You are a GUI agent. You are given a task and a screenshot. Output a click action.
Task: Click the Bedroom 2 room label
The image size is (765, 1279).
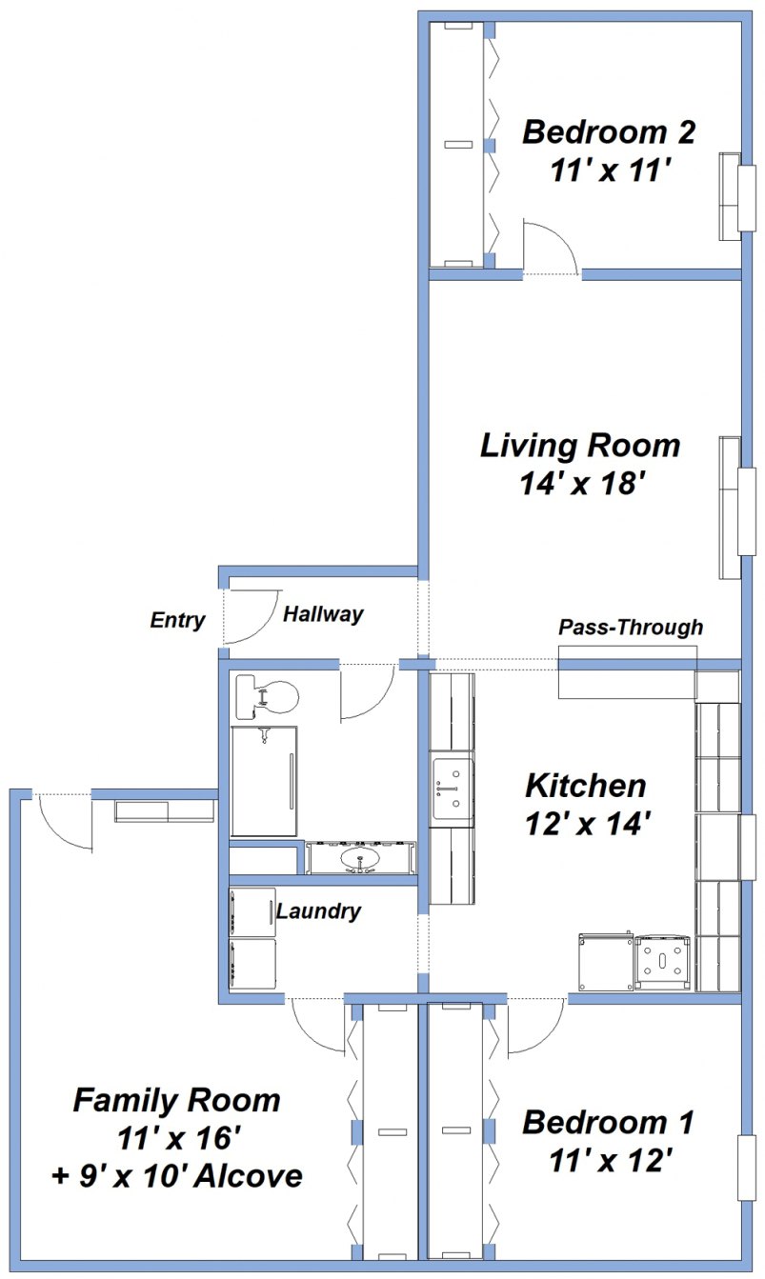[609, 131]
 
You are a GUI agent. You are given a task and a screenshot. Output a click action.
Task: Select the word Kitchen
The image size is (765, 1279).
[586, 786]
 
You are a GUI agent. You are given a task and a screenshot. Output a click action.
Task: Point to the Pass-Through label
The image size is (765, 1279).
[631, 628]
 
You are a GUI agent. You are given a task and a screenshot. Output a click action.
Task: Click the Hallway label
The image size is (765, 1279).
[323, 614]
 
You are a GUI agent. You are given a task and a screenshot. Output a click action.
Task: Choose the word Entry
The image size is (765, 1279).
[177, 621]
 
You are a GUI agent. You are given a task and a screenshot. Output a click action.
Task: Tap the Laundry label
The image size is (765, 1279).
[318, 911]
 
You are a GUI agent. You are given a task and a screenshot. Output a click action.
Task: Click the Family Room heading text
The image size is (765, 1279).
[177, 1101]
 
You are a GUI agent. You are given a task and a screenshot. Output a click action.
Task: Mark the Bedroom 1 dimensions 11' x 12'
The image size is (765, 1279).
[611, 1160]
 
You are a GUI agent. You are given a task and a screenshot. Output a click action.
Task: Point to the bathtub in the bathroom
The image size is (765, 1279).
[264, 781]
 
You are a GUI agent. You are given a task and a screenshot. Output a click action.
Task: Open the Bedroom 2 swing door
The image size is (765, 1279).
[550, 248]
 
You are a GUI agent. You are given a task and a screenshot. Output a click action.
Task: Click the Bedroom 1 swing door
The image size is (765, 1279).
[533, 1027]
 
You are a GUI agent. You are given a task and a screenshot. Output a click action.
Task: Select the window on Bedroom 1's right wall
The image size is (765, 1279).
[748, 1167]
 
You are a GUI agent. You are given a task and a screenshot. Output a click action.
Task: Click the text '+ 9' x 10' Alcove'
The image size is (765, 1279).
[177, 1176]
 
